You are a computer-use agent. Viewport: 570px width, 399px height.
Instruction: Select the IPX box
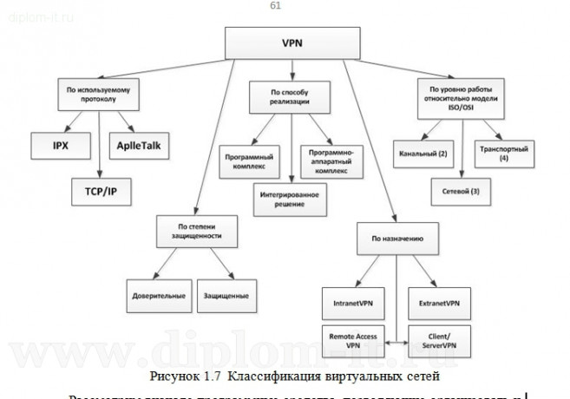tap(59, 145)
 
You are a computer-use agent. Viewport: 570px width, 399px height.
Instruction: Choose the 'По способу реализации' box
tap(290, 96)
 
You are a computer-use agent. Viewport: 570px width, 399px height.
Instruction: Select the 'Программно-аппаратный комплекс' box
tap(331, 160)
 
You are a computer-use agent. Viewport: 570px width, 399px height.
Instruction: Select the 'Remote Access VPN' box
tap(354, 338)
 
